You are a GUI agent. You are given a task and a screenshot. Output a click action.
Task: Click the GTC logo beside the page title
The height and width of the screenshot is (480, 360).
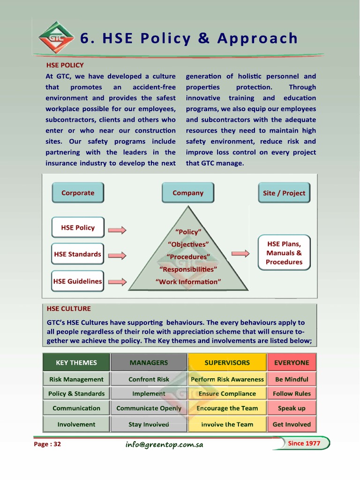56,37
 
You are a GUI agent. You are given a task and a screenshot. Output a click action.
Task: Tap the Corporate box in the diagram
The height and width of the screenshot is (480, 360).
78,193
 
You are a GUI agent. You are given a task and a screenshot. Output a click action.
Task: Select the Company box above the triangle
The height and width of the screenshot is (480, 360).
188,193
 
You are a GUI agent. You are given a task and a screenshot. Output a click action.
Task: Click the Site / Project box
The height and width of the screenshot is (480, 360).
284,193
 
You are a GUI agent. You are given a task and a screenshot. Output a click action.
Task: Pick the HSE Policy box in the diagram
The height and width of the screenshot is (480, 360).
78,228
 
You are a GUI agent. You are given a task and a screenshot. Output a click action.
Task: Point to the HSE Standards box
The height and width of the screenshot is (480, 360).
77,254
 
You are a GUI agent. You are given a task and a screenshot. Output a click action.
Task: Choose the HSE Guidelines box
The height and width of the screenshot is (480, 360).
77,281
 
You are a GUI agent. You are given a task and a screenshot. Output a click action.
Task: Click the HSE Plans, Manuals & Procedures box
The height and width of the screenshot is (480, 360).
284,253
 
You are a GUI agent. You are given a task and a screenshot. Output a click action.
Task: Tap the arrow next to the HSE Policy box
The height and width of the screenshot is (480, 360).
117,230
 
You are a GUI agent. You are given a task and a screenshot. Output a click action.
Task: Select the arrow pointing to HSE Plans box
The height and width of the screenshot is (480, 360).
240,254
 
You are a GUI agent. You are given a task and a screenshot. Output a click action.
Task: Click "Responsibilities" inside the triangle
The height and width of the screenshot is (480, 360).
188,269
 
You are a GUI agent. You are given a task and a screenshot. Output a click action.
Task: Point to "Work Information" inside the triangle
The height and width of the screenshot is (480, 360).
188,282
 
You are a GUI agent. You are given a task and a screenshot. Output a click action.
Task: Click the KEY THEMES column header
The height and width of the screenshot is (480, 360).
76,362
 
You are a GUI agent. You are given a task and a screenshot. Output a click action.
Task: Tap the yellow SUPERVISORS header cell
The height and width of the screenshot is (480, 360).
227,362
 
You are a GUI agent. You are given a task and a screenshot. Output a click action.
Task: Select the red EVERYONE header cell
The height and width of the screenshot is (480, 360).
292,362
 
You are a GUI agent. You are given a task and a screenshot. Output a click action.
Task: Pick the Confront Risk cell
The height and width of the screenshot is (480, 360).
149,379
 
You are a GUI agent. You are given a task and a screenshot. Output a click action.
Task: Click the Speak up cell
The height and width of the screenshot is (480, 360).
292,408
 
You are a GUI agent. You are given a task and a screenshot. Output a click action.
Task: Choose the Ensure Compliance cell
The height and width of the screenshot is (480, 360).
227,394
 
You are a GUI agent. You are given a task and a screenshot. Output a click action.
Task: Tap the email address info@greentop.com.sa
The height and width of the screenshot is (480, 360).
164,444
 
